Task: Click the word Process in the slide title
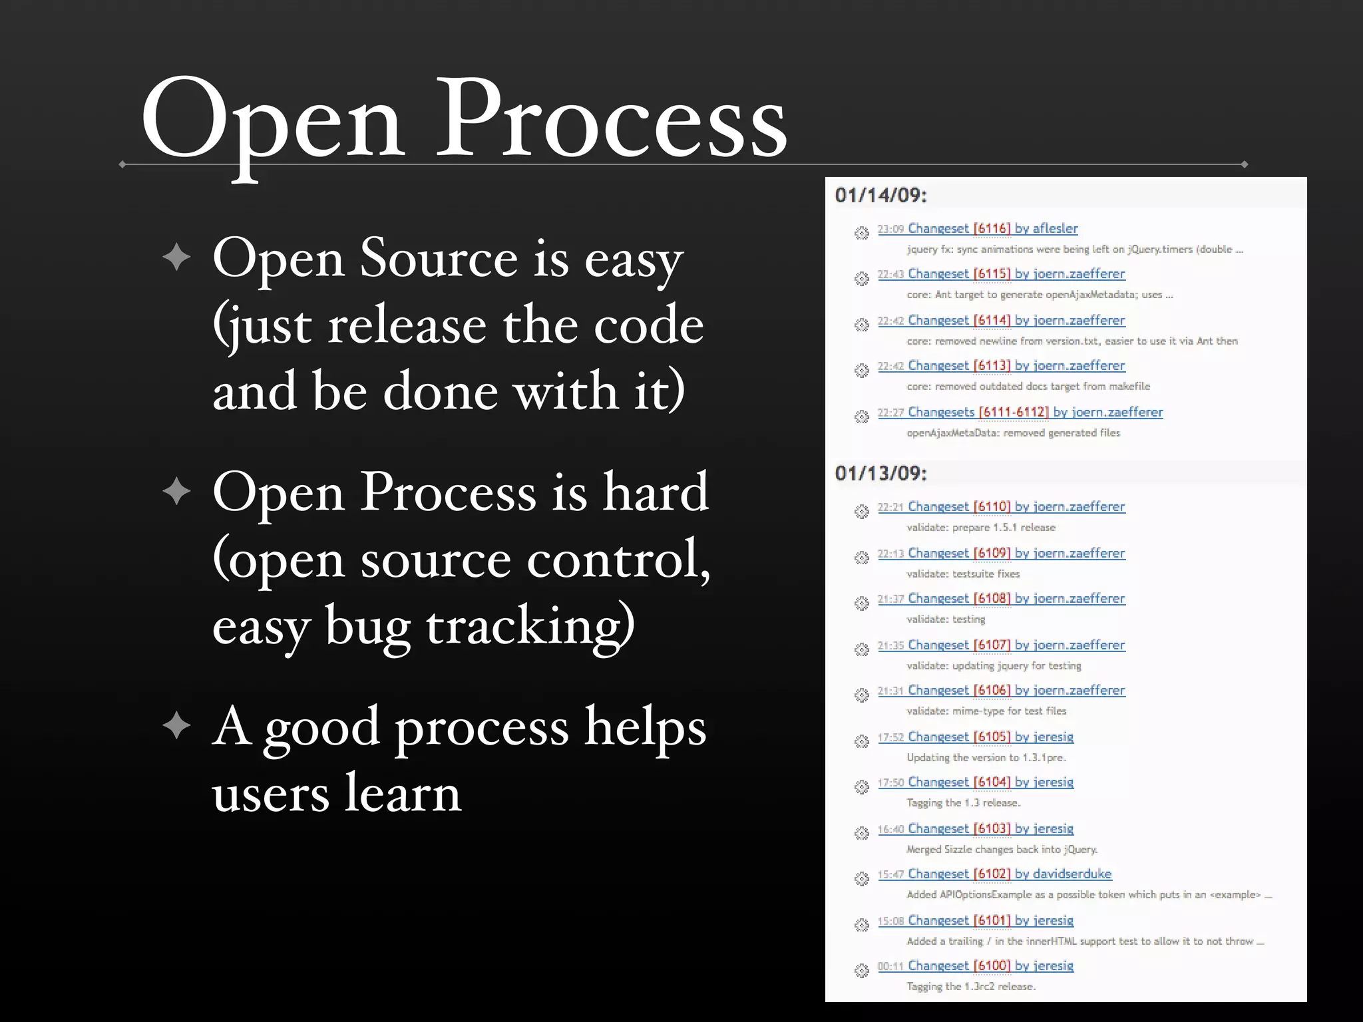[611, 120]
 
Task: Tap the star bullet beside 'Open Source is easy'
[176, 257]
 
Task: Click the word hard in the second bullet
[656, 492]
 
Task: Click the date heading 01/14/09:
[880, 195]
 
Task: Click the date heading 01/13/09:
[880, 473]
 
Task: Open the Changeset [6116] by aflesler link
[992, 228]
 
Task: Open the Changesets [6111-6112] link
[1035, 412]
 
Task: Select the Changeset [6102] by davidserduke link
[1010, 874]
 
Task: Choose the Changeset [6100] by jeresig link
[990, 965]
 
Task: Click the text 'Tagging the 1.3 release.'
[963, 802]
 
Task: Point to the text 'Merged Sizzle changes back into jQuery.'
[1002, 849]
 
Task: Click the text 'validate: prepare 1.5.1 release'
[981, 527]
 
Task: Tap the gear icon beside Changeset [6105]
[862, 741]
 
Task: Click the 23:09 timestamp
[890, 229]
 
